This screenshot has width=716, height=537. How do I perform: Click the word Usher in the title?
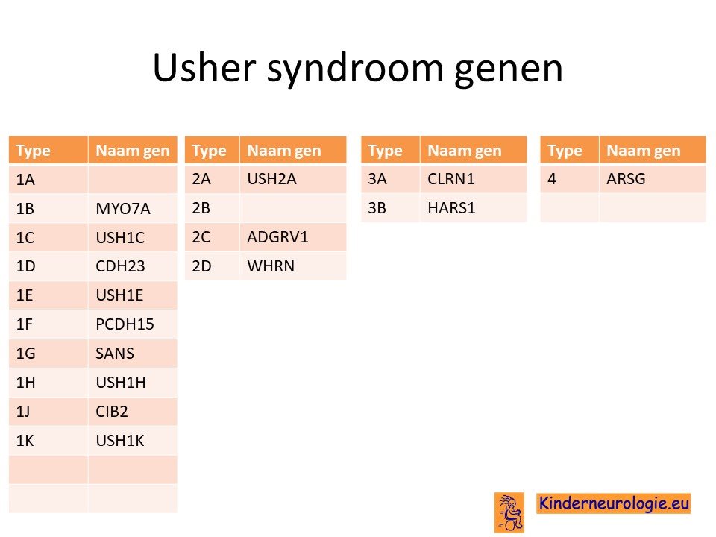coord(204,68)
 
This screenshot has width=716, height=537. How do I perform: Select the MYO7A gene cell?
coord(123,209)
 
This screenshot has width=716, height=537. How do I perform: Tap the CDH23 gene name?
coord(120,266)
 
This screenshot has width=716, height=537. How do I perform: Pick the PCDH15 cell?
coord(125,324)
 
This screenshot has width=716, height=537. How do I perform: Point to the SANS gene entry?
coord(115,354)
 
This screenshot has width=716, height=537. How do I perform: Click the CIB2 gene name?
coord(111,412)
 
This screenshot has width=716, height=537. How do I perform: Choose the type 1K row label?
coord(25,441)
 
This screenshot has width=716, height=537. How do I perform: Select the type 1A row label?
coord(25,180)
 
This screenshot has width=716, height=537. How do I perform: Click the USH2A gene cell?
coord(271,179)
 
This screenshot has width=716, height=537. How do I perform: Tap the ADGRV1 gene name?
coord(277,237)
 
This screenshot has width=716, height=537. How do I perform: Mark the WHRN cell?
coord(271,266)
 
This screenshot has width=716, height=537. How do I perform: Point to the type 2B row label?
coord(201,208)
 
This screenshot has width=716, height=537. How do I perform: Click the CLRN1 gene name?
coord(450,179)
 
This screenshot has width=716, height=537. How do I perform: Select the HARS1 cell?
coord(451,208)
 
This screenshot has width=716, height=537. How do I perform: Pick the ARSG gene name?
coord(626,179)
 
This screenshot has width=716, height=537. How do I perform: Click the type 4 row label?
coord(552,179)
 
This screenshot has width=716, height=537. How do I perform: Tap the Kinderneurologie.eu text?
coord(614,503)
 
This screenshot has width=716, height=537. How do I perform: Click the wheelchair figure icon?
coord(509,512)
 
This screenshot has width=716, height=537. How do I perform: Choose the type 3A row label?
coord(377,179)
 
